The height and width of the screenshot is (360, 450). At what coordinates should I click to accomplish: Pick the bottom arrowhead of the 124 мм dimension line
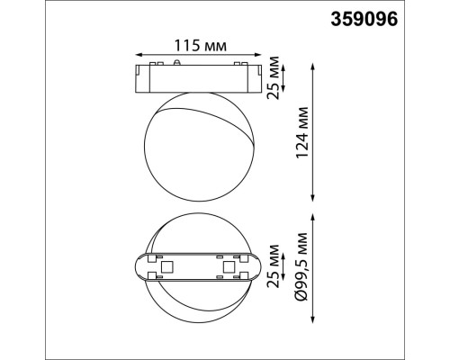pyautogui.click(x=311, y=199)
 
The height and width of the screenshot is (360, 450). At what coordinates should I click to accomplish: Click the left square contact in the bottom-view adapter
pyautogui.click(x=166, y=267)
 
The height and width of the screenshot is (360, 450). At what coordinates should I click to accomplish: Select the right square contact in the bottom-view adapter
pyautogui.click(x=228, y=267)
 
